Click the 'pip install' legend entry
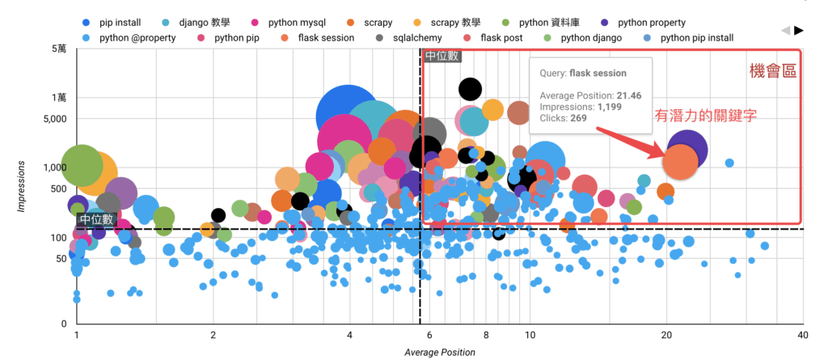(112, 23)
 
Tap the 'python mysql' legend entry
(289, 23)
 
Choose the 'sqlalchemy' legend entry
(410, 38)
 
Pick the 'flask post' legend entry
(495, 38)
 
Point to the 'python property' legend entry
(644, 23)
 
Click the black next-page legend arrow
(799, 31)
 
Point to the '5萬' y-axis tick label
(60, 49)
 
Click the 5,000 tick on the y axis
(55, 118)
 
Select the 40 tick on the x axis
(803, 335)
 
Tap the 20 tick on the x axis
(666, 335)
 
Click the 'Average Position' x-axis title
(440, 353)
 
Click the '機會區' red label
(773, 72)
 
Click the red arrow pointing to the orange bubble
(628, 142)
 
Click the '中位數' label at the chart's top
(442, 56)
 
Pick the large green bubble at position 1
(82, 166)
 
